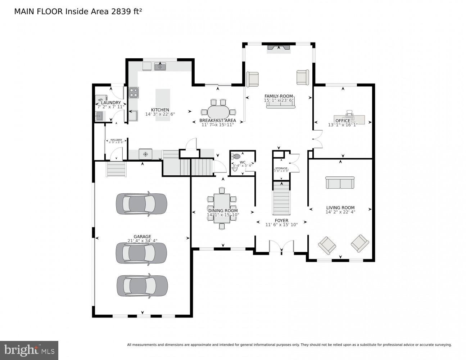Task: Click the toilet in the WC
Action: [x=236, y=157]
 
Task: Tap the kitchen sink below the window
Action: [x=160, y=67]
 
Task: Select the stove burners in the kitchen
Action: [x=134, y=93]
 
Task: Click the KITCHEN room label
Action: [x=160, y=110]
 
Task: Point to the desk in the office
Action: [x=354, y=119]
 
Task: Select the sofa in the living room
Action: [x=340, y=183]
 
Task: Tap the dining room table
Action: [x=222, y=208]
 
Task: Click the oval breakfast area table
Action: [x=218, y=111]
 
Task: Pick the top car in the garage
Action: [x=141, y=204]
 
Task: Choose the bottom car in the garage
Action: [x=142, y=286]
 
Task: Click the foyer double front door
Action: [x=281, y=248]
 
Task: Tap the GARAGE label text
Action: [x=142, y=237]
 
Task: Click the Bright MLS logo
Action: [x=29, y=350]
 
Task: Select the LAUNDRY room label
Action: [x=111, y=103]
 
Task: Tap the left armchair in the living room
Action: [x=327, y=245]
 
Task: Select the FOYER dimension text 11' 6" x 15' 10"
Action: [x=281, y=225]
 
